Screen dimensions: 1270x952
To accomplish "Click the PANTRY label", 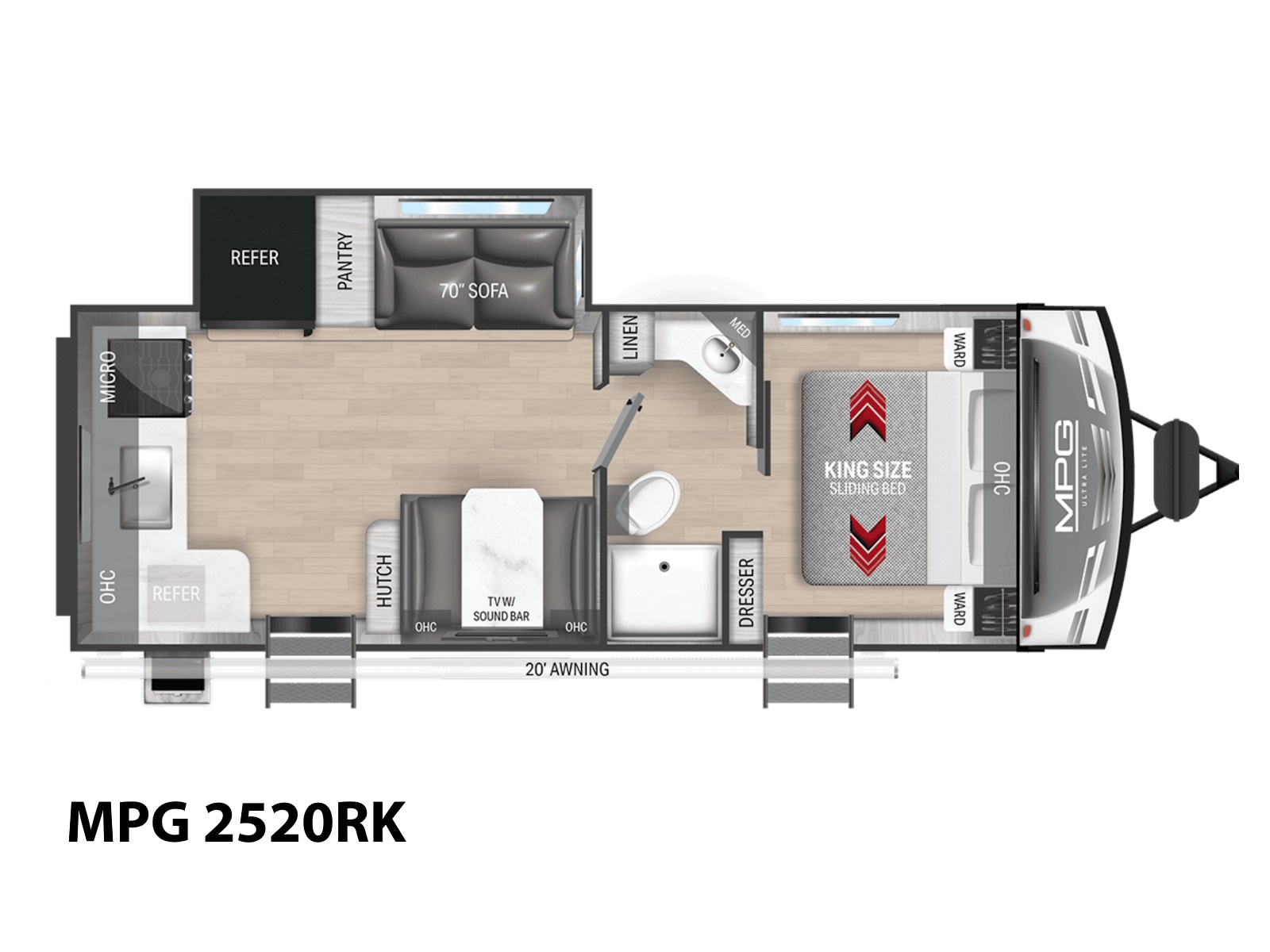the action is (x=344, y=260).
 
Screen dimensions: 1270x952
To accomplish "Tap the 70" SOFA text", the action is (x=473, y=290).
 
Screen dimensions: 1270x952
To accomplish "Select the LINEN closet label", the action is (x=630, y=338).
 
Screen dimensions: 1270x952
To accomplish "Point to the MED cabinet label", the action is (x=740, y=327).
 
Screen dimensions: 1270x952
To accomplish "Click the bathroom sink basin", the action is (x=721, y=356).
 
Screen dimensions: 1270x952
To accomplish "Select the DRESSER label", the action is (x=746, y=593).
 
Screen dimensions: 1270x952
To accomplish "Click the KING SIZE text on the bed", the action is (x=868, y=470).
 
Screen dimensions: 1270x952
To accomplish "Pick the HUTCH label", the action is (x=384, y=581).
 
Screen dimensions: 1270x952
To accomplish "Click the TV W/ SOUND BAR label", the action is (x=501, y=610).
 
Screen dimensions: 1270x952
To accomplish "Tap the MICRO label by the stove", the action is (x=108, y=377).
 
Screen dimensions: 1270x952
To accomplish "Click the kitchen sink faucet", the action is (x=125, y=483).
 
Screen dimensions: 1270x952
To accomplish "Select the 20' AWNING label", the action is (x=567, y=670).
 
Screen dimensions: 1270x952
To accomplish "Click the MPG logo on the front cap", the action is (x=1064, y=478).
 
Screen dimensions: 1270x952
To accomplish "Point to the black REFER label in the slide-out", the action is (x=255, y=257).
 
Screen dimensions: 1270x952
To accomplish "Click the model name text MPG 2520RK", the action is (x=237, y=823).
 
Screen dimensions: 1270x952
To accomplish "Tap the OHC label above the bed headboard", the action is (x=1003, y=478).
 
